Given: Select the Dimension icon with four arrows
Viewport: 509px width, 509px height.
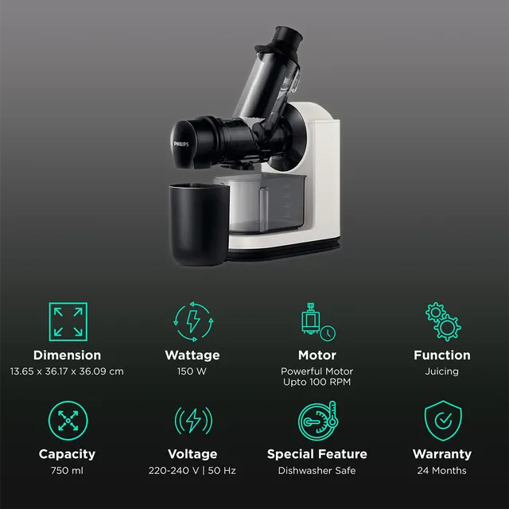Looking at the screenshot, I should click(67, 322).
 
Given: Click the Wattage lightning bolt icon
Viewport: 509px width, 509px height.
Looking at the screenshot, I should click(192, 322).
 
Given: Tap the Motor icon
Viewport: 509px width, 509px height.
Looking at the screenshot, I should click(317, 322).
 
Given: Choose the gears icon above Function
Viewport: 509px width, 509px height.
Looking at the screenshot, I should click(442, 322).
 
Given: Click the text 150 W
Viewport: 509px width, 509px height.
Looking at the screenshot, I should click(192, 371).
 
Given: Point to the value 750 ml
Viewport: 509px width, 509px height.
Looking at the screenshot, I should click(67, 471).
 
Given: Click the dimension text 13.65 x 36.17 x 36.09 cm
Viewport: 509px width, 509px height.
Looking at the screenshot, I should click(67, 371).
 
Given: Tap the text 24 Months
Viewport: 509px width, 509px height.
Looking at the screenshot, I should click(442, 471).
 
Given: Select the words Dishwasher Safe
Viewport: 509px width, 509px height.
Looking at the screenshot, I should click(317, 471).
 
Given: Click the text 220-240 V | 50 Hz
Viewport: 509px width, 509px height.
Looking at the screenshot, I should click(192, 471).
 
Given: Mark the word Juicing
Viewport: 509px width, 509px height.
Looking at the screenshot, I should click(442, 371).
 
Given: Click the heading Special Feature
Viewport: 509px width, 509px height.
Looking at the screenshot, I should click(317, 454).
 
